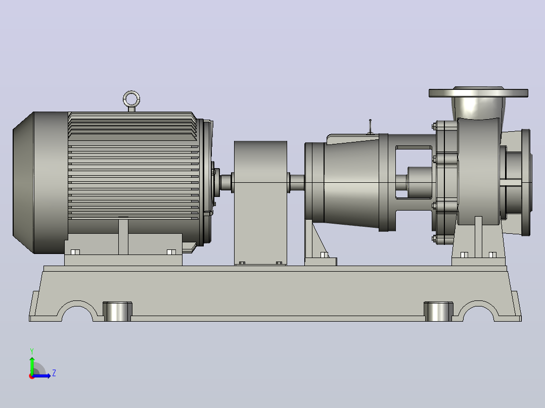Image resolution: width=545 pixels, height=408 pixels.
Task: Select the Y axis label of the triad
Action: click(32, 351)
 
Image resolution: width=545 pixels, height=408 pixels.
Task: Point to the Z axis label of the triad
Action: click(54, 373)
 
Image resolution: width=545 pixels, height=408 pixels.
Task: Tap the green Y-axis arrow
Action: click(32, 366)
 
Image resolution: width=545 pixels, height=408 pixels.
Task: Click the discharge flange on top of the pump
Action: click(478, 93)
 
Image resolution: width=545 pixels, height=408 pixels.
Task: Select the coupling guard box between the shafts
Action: click(260, 203)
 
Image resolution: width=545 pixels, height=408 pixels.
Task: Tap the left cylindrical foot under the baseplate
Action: click(117, 312)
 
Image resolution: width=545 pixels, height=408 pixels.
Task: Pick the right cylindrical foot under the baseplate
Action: click(438, 312)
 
